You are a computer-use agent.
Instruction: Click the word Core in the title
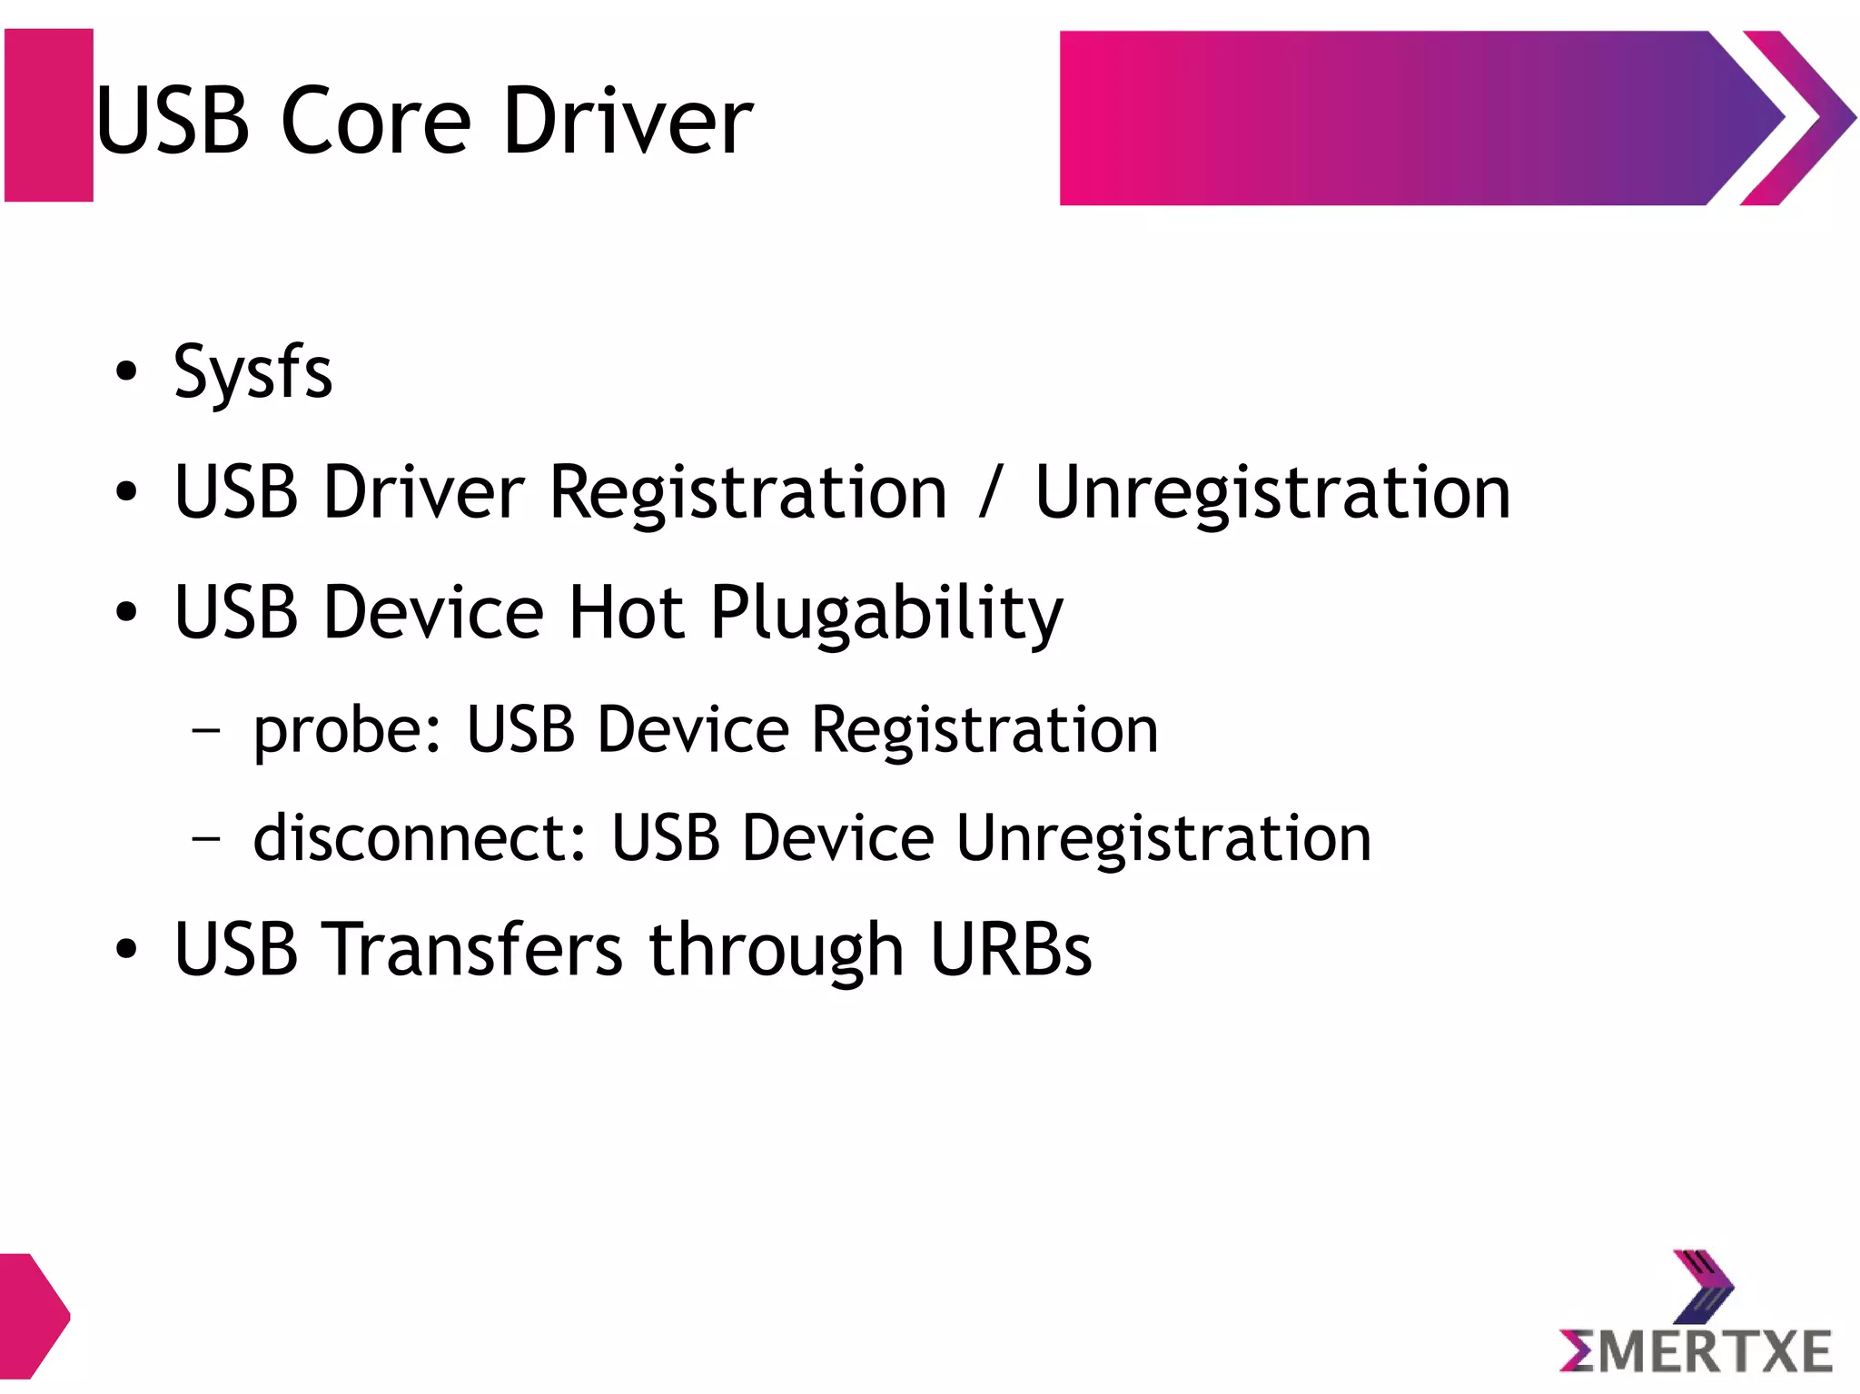pos(375,121)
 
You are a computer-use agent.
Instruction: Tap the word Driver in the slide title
pos(627,121)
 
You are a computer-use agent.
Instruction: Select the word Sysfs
pos(253,373)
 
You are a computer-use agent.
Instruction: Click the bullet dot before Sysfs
pos(127,371)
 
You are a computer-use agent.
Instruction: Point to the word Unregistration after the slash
pos(1272,493)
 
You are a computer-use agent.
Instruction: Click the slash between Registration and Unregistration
pos(991,493)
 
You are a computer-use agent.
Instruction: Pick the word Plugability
pos(885,614)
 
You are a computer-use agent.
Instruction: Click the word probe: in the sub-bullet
pos(347,730)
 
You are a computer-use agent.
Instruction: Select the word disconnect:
pos(419,837)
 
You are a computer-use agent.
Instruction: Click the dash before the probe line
pos(207,730)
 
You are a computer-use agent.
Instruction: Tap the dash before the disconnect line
pos(207,838)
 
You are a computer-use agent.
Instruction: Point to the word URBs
pos(1011,950)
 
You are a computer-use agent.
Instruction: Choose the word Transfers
pos(472,950)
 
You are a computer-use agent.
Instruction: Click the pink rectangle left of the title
pos(49,115)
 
